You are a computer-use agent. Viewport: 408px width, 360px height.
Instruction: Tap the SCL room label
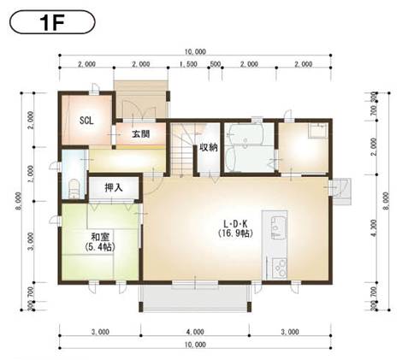click(86, 121)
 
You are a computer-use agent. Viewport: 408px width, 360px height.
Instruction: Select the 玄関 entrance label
click(142, 134)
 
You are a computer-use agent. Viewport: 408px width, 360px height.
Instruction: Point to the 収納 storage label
click(208, 146)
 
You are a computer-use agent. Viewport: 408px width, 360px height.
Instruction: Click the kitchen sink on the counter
click(278, 227)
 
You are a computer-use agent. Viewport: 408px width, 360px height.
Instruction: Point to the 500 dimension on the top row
click(215, 64)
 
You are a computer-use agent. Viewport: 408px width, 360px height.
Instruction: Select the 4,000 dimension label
click(194, 330)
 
